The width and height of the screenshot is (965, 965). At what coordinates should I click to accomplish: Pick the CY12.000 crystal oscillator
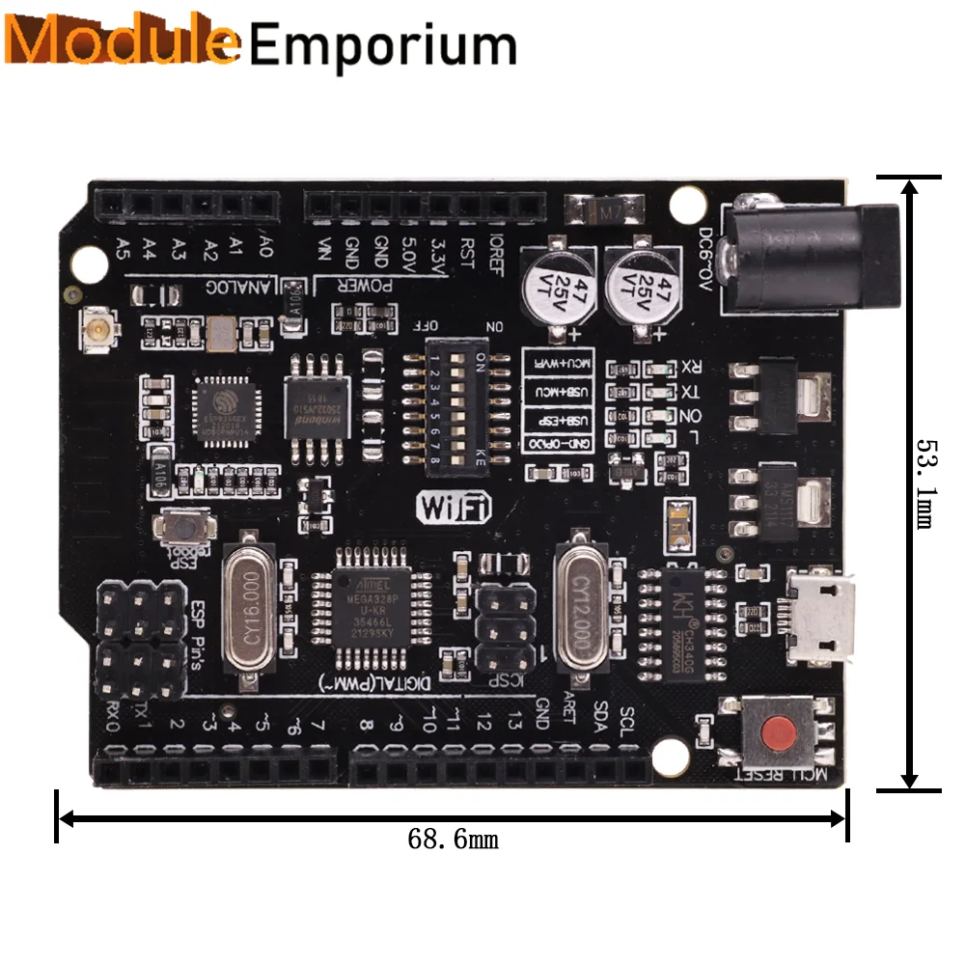(582, 609)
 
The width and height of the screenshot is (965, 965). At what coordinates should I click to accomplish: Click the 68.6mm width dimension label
(453, 839)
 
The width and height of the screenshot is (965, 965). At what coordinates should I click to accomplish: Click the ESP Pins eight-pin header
(141, 640)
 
